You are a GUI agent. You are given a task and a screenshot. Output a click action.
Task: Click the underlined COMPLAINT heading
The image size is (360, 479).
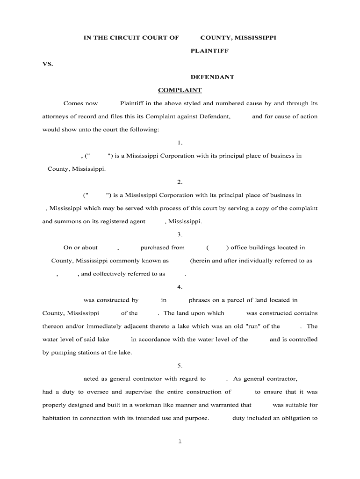coord(180,90)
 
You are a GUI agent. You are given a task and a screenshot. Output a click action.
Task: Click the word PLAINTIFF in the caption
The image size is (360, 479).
coord(209,51)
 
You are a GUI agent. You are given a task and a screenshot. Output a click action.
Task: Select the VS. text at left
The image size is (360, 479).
coord(48,64)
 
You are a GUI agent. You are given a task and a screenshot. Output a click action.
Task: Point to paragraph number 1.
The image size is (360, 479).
coord(180,143)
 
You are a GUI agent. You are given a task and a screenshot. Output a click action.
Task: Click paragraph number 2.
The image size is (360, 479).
coord(180,182)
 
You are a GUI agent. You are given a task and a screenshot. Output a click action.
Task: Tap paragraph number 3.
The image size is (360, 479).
coord(180,234)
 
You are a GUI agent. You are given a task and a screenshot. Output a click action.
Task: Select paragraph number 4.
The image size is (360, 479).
coord(180,287)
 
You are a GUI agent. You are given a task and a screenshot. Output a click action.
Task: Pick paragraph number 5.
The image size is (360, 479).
coord(180,365)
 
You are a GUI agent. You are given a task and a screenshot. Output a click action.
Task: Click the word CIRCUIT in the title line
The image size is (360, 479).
coord(123,38)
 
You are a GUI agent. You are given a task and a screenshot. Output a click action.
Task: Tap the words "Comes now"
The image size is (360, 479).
coord(81,103)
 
